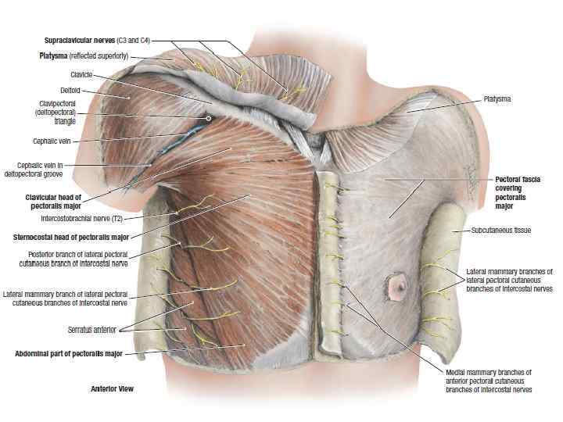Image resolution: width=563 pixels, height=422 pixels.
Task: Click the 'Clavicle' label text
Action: coord(82,74)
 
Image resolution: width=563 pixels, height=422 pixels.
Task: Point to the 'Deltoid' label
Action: coord(70,91)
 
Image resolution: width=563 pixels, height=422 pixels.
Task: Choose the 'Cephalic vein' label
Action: coord(54,141)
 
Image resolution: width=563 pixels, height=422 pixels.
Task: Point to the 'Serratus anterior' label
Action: coord(93,330)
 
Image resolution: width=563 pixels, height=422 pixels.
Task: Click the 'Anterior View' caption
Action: coord(113,388)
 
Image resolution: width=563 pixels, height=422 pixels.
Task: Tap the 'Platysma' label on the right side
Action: coord(497,99)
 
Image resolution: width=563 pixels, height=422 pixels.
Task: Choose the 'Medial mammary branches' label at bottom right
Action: coord(489,380)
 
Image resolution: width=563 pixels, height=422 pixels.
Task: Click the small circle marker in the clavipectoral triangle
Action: coord(208,118)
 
